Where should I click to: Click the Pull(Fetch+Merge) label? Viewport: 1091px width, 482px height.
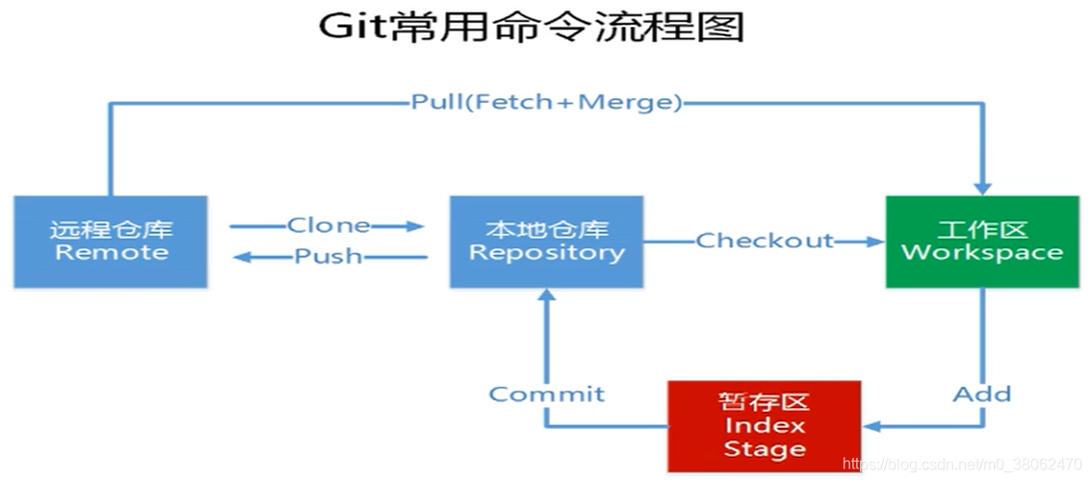pos(546,102)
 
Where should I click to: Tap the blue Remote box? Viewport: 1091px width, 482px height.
pos(111,241)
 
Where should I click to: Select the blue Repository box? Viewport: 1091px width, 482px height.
pos(546,241)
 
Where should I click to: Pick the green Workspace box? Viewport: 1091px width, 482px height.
pos(982,241)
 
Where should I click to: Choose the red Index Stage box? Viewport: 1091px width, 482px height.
pos(765,426)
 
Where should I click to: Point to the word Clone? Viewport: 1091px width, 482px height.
pos(328,226)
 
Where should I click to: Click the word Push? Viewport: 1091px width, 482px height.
pos(328,257)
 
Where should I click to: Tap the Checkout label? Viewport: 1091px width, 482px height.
pos(765,241)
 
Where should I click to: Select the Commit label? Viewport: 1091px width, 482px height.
pos(546,393)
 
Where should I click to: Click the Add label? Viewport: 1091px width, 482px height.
pos(982,393)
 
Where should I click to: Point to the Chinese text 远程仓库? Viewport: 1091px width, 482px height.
pos(111,230)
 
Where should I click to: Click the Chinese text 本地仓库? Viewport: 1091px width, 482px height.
pos(546,230)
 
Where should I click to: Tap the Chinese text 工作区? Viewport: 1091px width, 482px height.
pos(982,230)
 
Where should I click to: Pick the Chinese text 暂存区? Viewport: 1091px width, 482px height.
pos(765,402)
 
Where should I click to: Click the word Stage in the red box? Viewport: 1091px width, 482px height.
pos(765,448)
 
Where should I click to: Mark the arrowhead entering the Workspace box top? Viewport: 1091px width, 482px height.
pos(982,187)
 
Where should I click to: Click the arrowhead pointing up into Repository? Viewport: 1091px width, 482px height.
pos(546,297)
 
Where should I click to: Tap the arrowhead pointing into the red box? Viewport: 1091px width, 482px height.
pos(871,426)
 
